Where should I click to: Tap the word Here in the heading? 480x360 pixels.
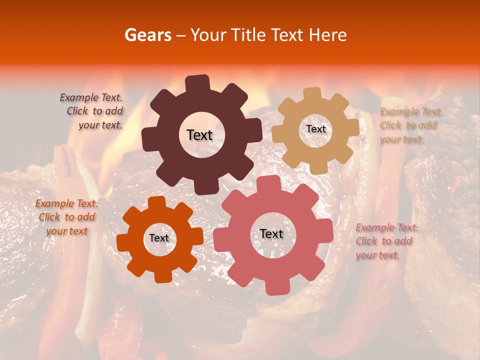point(328,35)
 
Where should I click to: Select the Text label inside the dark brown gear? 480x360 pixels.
point(199,135)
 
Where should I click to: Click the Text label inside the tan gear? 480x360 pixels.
point(315,129)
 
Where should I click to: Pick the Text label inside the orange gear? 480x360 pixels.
point(159,238)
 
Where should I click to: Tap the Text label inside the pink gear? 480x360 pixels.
point(271,233)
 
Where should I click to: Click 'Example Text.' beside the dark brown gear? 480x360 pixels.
point(91,97)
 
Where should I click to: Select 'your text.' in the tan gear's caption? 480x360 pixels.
point(401,139)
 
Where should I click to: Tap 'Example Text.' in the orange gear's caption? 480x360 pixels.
point(66,203)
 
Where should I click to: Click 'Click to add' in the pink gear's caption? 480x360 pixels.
point(383,241)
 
